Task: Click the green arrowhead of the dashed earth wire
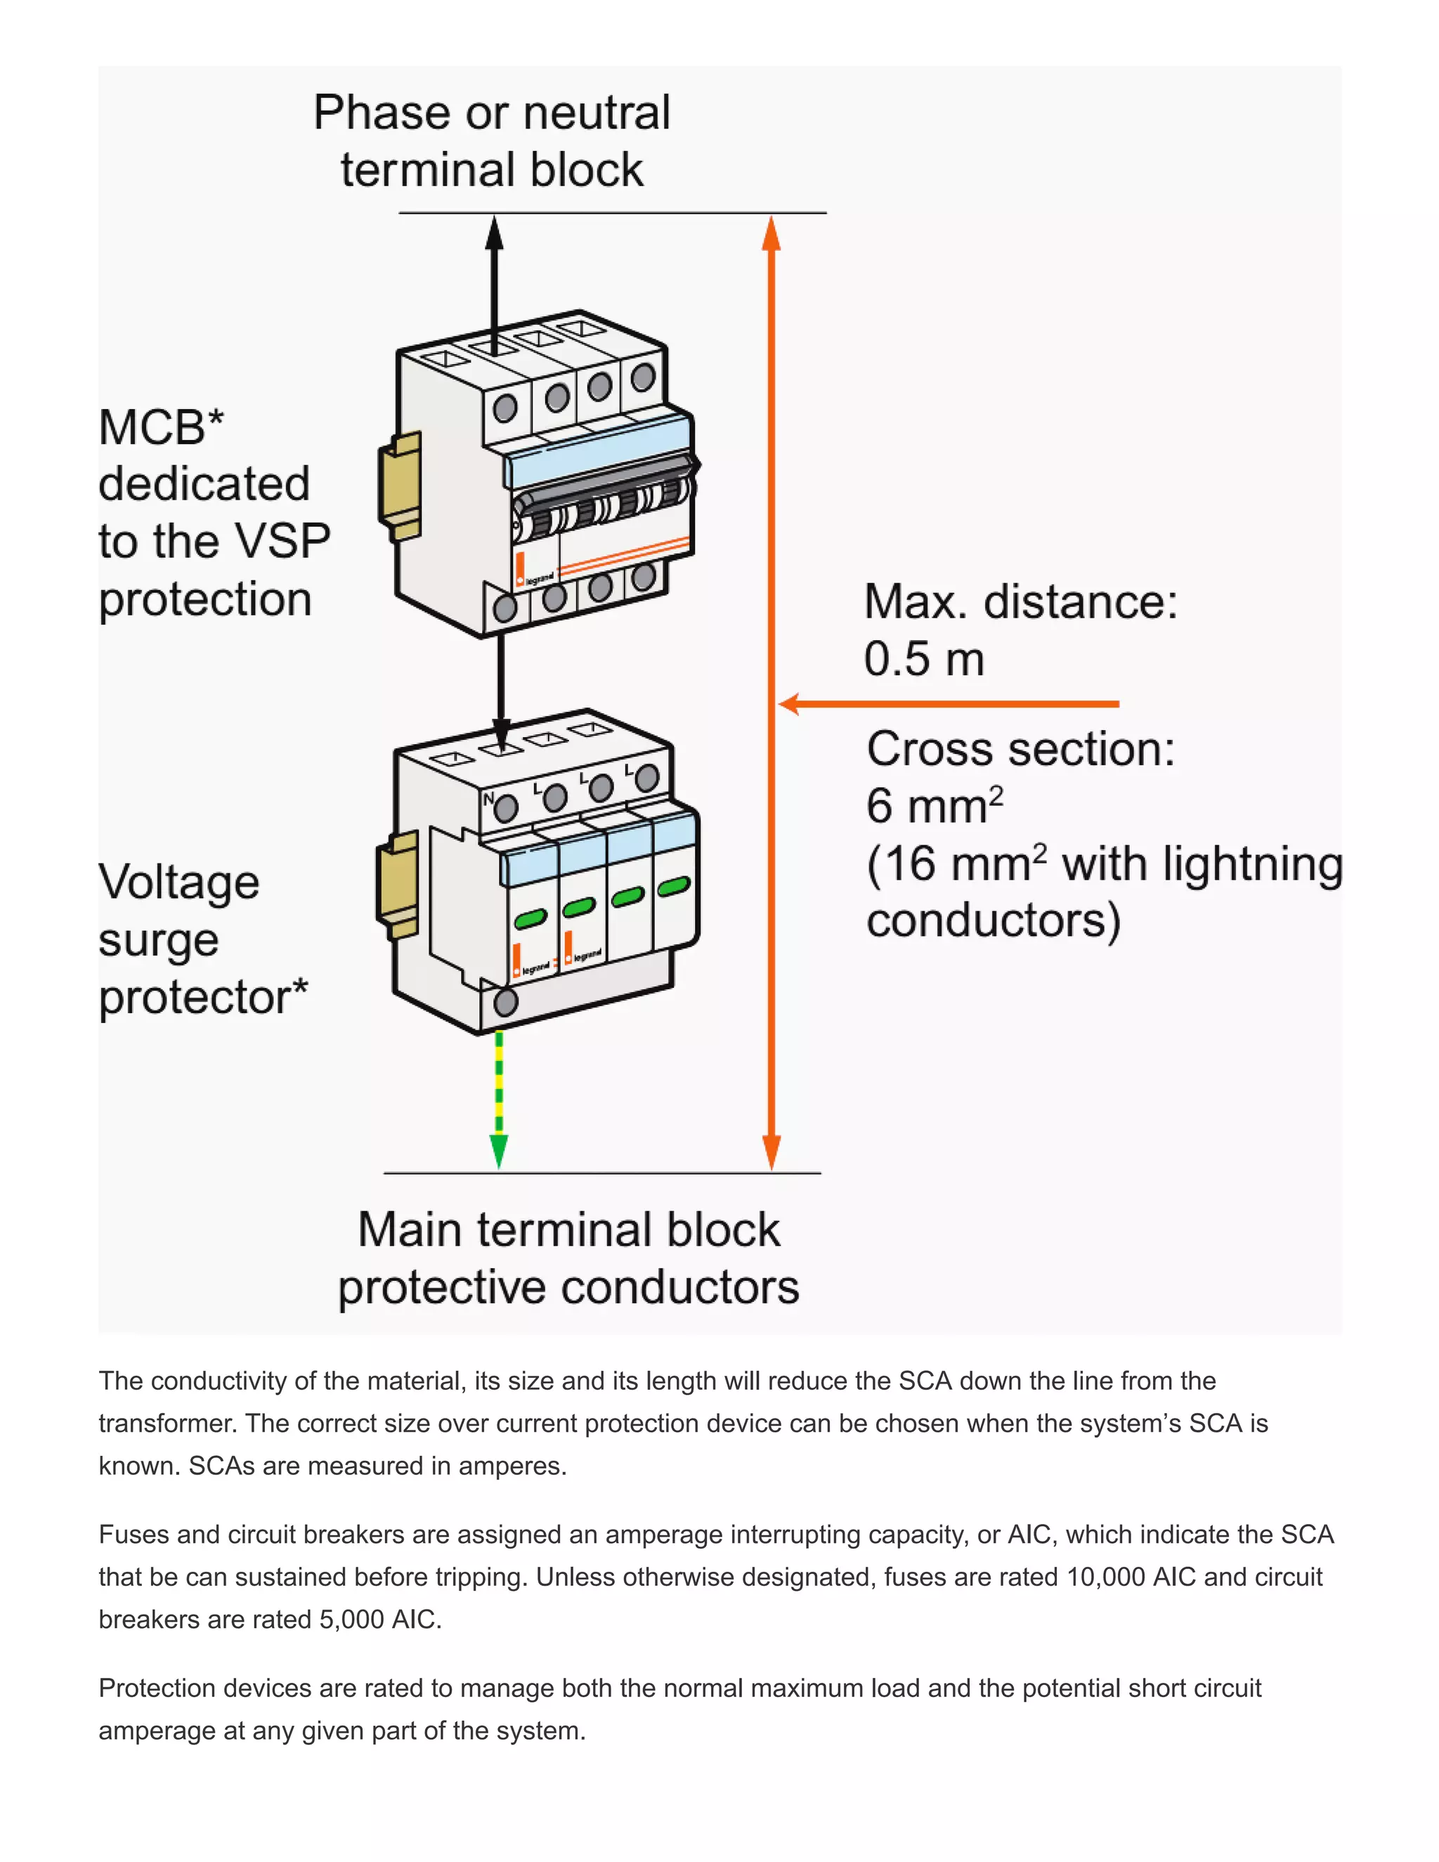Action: coord(499,1151)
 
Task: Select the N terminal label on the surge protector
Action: coord(488,799)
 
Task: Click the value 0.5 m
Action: coord(924,659)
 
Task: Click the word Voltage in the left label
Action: coord(178,883)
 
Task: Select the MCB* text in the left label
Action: coord(161,427)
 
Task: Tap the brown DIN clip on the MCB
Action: coord(401,486)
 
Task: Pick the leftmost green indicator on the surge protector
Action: coord(530,919)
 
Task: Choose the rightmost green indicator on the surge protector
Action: coord(673,887)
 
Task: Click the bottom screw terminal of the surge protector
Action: coord(505,1002)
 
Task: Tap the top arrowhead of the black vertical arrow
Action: coord(495,232)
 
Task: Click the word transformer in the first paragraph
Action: coord(167,1424)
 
